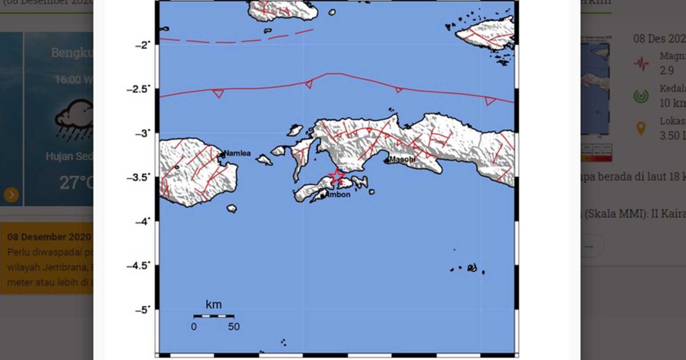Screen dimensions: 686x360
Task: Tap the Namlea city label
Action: click(237, 153)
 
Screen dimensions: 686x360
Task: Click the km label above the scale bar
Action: click(214, 304)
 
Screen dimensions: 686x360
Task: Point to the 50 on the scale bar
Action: click(233, 327)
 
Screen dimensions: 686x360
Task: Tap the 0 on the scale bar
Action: click(194, 327)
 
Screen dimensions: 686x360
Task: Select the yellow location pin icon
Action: click(641, 129)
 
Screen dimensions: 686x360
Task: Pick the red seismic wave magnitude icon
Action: click(641, 63)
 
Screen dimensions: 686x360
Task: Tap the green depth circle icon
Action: click(641, 96)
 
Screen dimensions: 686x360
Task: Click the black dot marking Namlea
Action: click(222, 154)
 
